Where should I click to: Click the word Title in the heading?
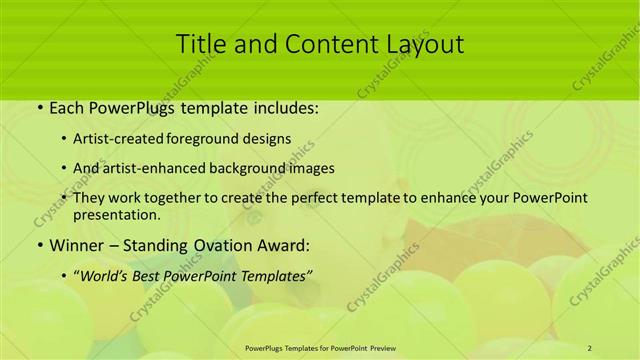[201, 44]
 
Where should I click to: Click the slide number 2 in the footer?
[590, 347]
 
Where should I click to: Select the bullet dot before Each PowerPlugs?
[38, 108]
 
